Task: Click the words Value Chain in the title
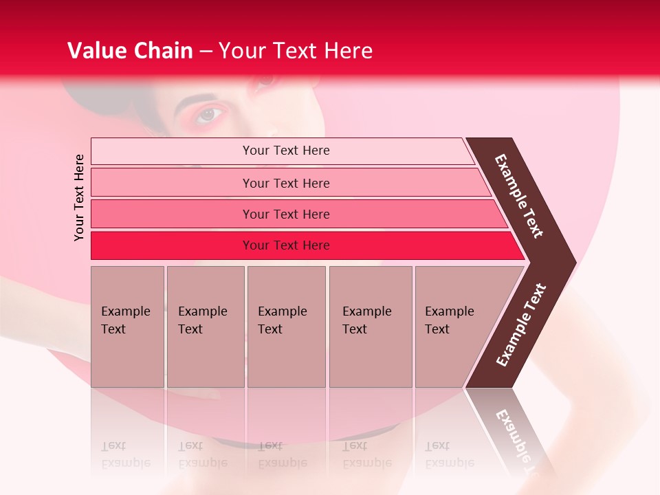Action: [x=130, y=51]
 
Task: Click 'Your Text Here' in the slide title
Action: [x=296, y=51]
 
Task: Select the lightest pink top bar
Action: [x=172, y=151]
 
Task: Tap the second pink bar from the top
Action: [x=172, y=183]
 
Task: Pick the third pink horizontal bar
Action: [x=172, y=214]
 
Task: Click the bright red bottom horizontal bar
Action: [x=172, y=245]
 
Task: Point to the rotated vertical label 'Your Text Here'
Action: [x=79, y=198]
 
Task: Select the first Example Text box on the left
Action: [x=127, y=327]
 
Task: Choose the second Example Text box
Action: [x=205, y=327]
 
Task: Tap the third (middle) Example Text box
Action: [x=286, y=327]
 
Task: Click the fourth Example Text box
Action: [x=370, y=327]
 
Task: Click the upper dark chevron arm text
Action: [x=519, y=197]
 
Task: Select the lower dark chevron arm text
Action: [x=522, y=324]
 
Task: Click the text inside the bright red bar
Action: [x=286, y=245]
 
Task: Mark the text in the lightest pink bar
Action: [x=286, y=151]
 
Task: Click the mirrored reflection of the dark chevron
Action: [x=512, y=430]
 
